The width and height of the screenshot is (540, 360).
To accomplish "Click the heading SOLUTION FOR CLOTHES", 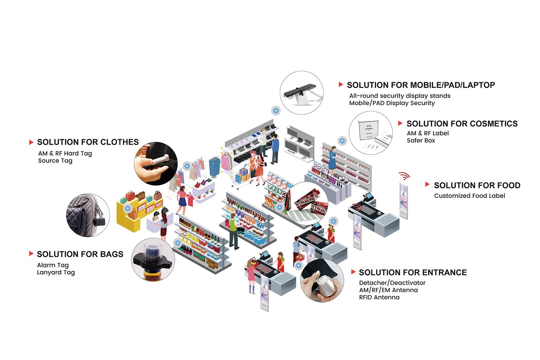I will tap(88, 142).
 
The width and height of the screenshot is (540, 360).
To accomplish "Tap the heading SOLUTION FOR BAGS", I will tap(80, 254).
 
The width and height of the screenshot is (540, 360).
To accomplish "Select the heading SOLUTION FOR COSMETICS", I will tap(462, 124).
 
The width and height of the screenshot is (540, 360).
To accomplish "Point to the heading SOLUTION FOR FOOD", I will tap(477, 186).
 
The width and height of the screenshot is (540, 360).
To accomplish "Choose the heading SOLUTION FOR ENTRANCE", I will tap(413, 273).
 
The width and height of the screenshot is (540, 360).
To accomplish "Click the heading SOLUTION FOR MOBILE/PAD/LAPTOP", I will tap(421, 85).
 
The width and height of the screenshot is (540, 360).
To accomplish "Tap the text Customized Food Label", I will tap(469, 196).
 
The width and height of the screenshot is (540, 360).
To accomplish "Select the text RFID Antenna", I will tap(379, 297).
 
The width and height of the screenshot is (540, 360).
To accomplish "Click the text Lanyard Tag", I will tap(56, 272).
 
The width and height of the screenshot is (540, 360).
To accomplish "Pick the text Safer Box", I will tap(421, 141).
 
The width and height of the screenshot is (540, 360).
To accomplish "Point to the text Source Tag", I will tap(55, 160).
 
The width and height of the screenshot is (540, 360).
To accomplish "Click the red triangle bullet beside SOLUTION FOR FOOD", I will tap(427, 184).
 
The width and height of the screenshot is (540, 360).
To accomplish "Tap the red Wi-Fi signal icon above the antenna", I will tap(404, 175).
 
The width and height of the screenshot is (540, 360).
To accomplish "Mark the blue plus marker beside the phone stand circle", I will tap(276, 111).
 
